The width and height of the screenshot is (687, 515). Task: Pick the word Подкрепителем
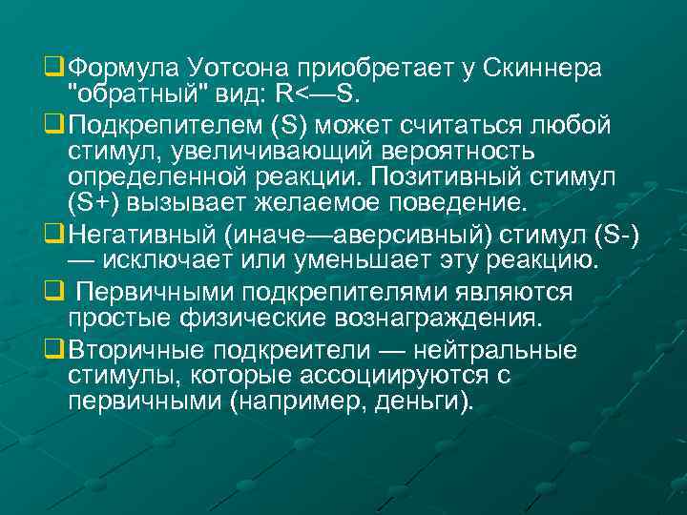(x=164, y=126)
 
